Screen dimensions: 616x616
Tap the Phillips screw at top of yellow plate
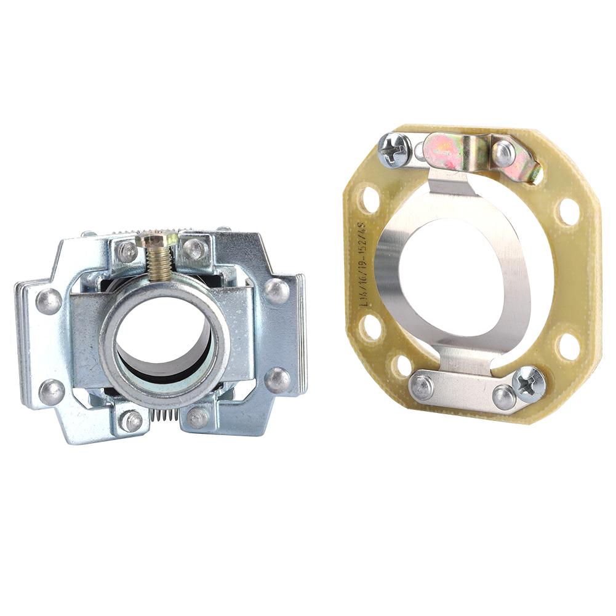(394, 149)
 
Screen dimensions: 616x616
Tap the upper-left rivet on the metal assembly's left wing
(49, 300)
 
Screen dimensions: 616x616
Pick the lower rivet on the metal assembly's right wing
(277, 380)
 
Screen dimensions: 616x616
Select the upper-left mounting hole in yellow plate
(370, 199)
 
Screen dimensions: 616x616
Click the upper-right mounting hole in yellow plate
(569, 212)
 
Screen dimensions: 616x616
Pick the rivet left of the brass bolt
(129, 251)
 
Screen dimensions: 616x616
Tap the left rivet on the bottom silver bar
(422, 386)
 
